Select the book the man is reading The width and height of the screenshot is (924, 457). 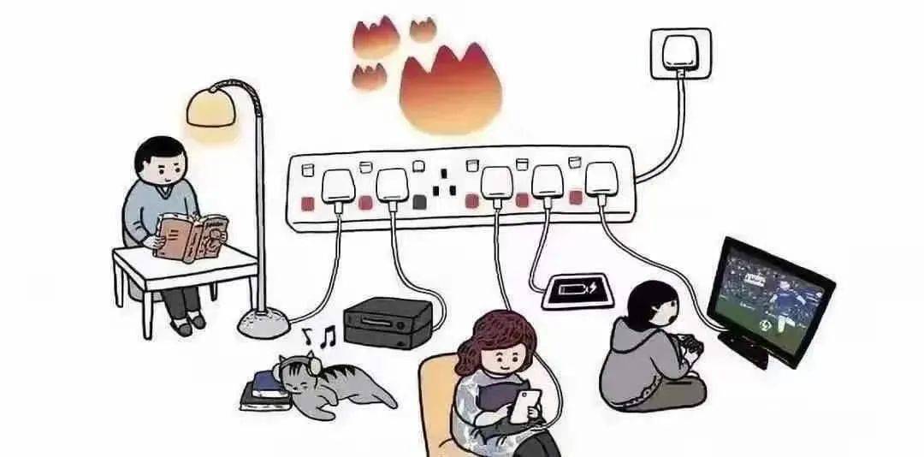pyautogui.click(x=191, y=236)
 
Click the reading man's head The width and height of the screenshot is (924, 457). pyautogui.click(x=161, y=162)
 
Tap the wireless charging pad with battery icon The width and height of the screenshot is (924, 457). pyautogui.click(x=578, y=289)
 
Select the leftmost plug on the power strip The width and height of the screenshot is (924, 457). pyautogui.click(x=336, y=187)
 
